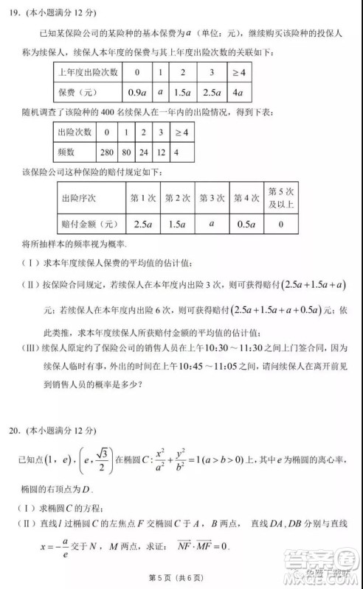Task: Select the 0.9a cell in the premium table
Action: pos(136,94)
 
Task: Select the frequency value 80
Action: pos(129,152)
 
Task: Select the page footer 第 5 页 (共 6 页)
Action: pos(181,575)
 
